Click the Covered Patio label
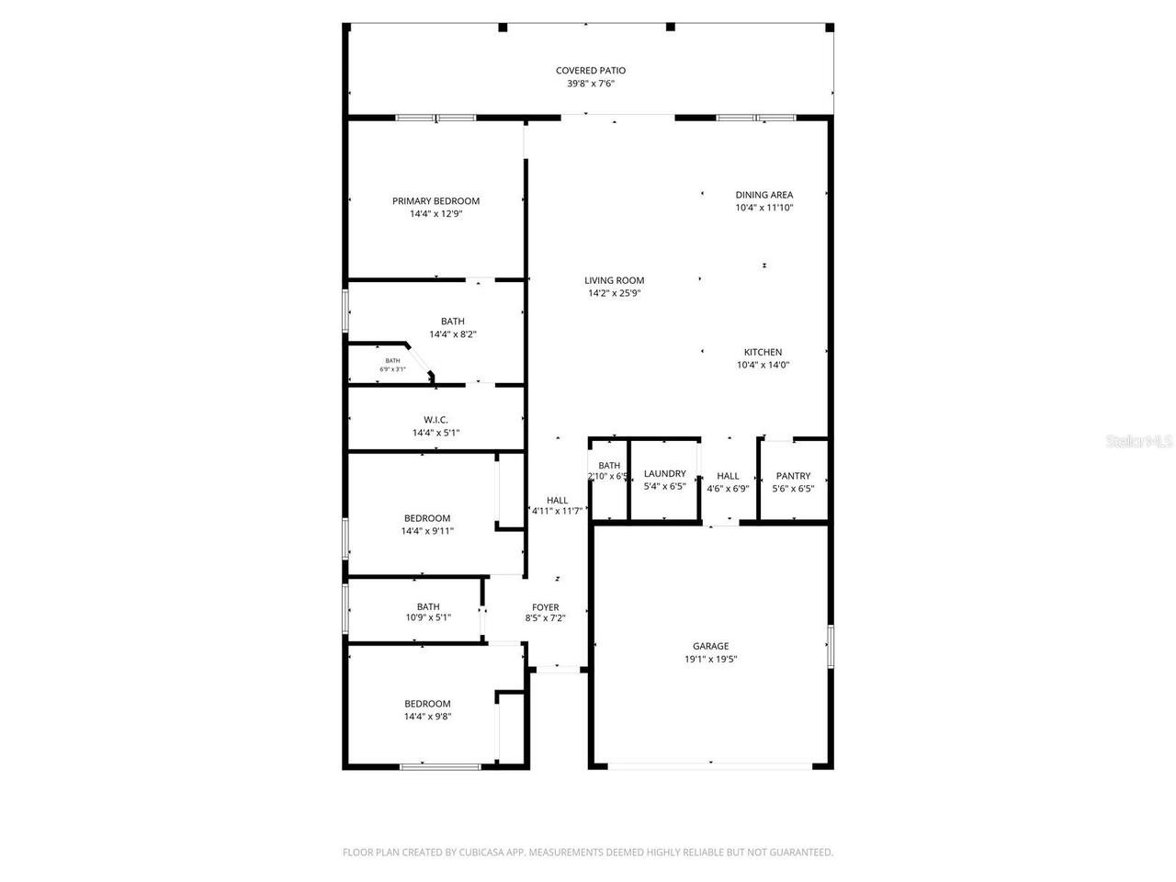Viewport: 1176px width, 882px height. tap(590, 71)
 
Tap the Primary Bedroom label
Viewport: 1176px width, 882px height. tap(435, 201)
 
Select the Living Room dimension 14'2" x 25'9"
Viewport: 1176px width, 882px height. tap(614, 294)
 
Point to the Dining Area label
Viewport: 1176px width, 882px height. tap(763, 195)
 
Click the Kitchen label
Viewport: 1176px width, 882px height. tap(763, 352)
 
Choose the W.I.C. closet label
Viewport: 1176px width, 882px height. tap(435, 420)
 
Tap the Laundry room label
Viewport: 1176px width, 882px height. tap(664, 474)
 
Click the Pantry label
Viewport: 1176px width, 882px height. tap(793, 476)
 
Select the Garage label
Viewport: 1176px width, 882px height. tap(710, 646)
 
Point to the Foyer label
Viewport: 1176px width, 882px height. tap(545, 607)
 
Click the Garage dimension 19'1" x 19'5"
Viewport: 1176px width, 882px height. tap(710, 659)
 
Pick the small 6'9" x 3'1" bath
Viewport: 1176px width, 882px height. tap(392, 365)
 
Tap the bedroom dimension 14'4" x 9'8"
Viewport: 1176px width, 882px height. tap(427, 717)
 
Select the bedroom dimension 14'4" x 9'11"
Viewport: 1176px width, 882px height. tap(427, 531)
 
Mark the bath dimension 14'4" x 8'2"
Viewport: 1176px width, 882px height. tap(452, 334)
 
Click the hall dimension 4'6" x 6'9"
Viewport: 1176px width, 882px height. tap(728, 489)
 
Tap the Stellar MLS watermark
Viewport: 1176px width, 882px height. tap(1139, 442)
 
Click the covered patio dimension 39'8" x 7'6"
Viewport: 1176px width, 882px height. tap(590, 84)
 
